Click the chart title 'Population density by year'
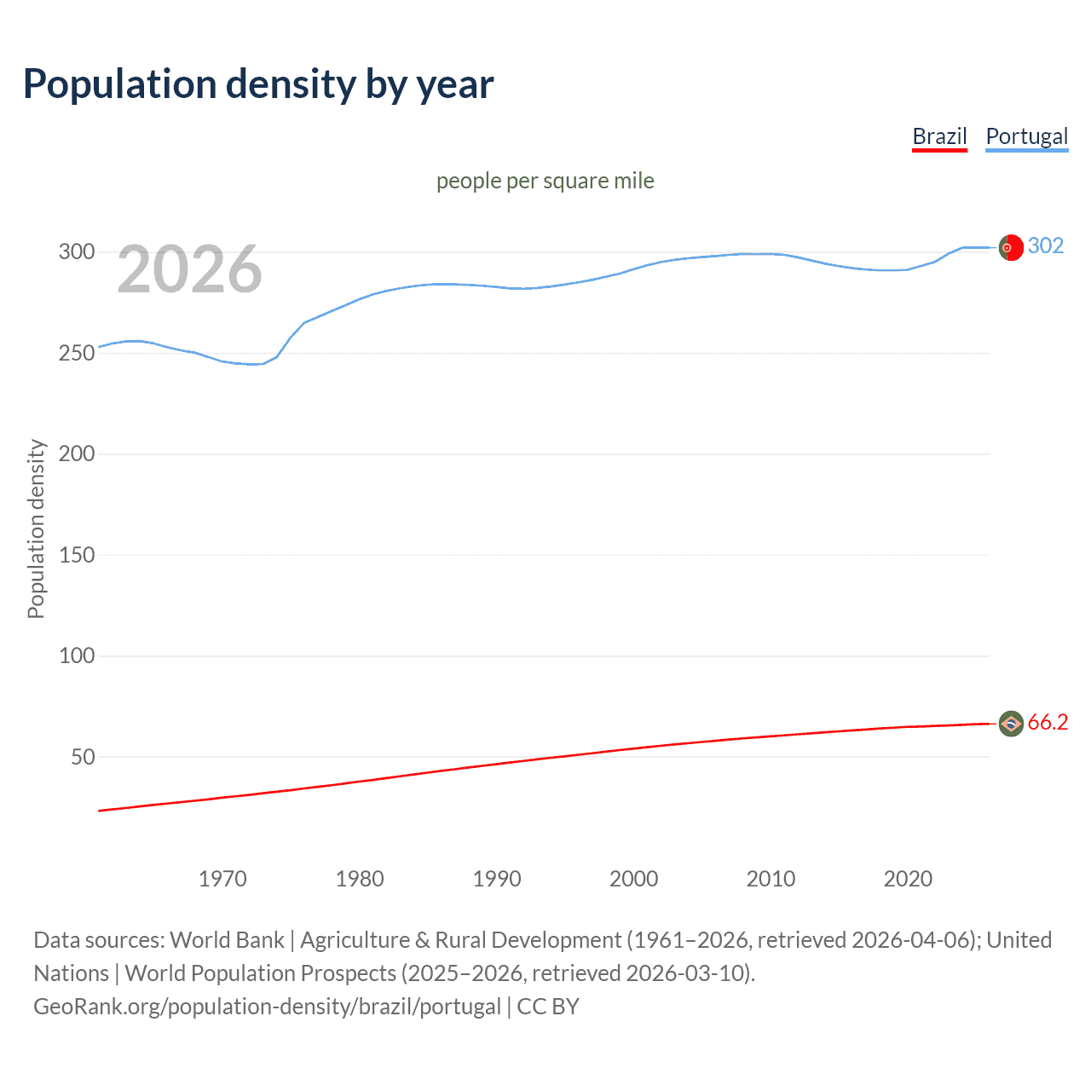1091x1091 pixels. point(258,84)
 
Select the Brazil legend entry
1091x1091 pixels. point(939,136)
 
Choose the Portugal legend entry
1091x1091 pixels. point(1026,136)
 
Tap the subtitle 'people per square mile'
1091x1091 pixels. point(545,181)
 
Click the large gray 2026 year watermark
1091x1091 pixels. point(189,269)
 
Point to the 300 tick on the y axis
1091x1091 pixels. point(77,251)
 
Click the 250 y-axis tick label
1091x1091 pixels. point(77,353)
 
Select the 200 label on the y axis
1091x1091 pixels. point(77,453)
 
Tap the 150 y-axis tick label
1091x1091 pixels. point(77,555)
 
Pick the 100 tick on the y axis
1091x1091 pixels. point(77,655)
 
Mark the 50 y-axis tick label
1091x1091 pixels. point(83,757)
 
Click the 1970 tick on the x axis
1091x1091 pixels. point(222,879)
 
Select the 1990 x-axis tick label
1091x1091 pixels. point(497,879)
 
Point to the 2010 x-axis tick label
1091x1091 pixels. point(771,879)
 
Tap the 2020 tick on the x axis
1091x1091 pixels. point(908,879)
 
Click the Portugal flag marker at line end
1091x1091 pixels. point(1011,247)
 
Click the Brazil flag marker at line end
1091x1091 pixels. point(1011,724)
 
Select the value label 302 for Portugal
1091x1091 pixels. point(1046,246)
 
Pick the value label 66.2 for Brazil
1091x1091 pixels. point(1048,723)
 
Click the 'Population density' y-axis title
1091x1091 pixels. point(36,528)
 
